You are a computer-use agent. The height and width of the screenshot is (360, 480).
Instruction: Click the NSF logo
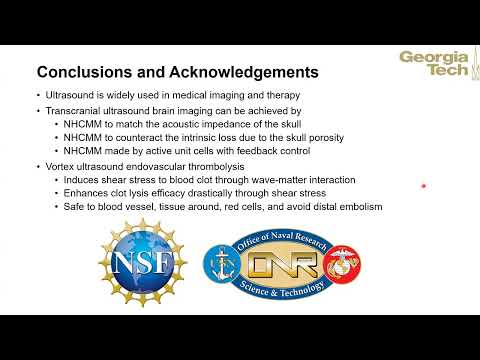tap(143, 262)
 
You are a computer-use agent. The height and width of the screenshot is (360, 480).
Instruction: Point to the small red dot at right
tap(424, 186)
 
